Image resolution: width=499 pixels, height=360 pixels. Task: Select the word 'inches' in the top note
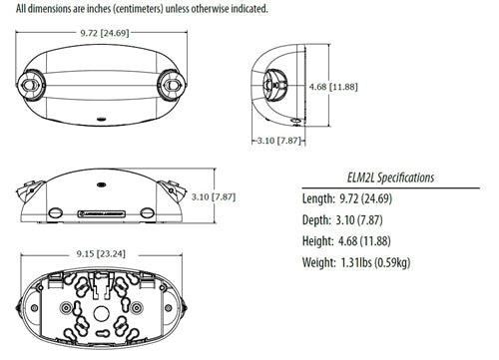coord(123,7)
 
